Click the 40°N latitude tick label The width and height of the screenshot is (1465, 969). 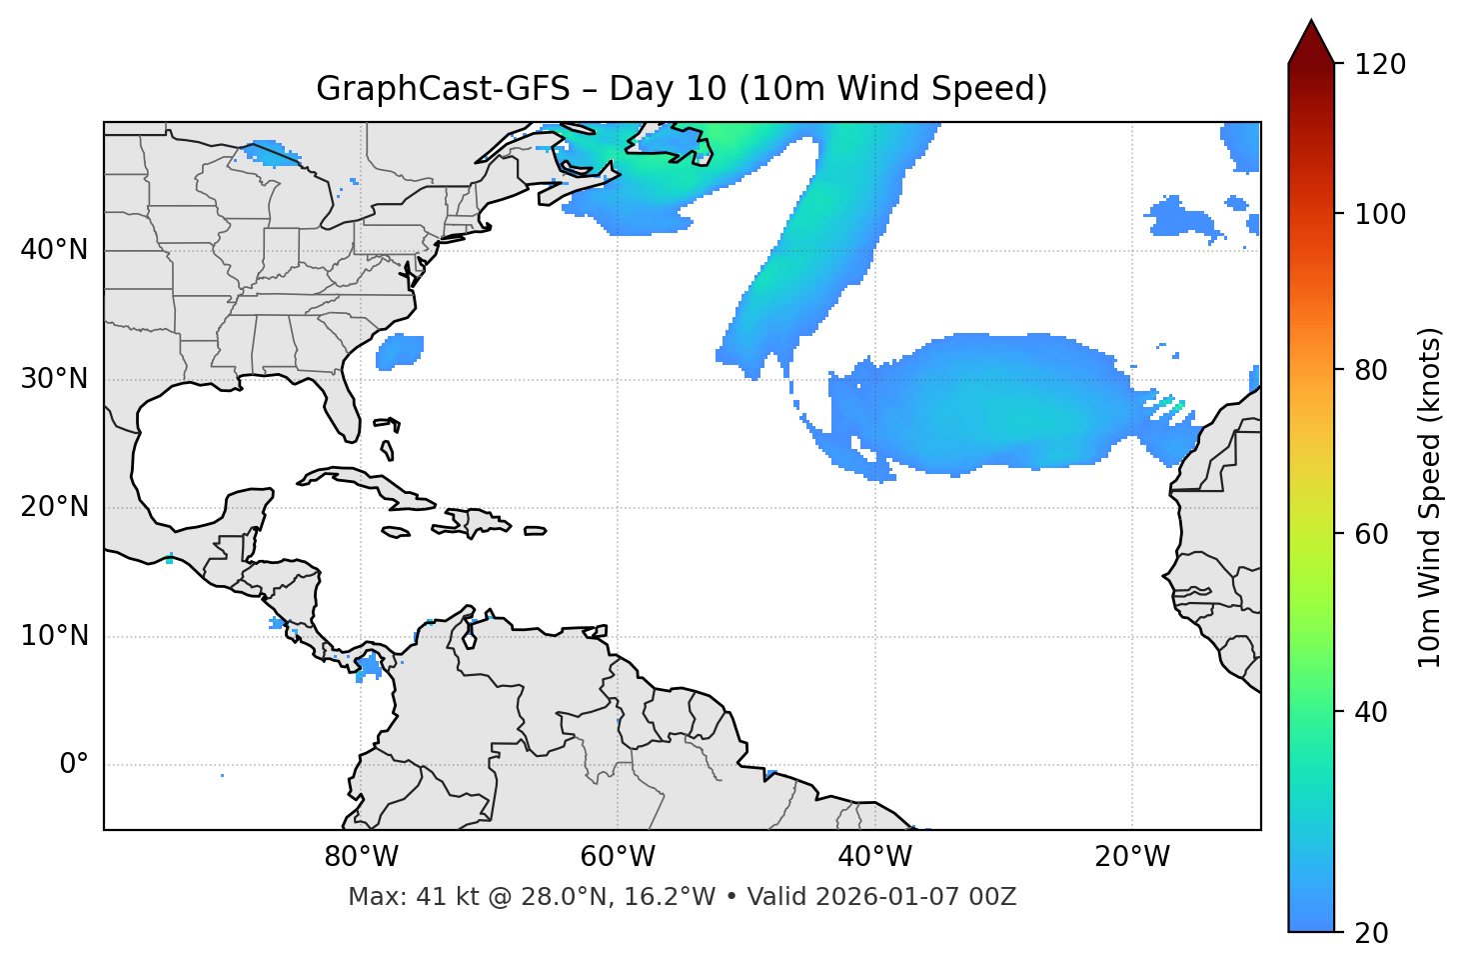(x=54, y=250)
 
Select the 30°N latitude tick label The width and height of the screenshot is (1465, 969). (x=54, y=379)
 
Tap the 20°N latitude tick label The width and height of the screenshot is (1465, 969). (x=54, y=507)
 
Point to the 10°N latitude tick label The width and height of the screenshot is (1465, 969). (x=54, y=636)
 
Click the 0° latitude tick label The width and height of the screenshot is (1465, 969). (x=74, y=765)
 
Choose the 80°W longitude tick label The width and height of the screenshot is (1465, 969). (x=361, y=857)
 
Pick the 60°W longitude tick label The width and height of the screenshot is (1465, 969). (x=618, y=857)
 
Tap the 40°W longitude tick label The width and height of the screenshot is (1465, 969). (x=874, y=857)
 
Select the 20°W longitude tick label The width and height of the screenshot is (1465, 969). (x=1131, y=857)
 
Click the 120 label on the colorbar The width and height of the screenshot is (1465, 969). (x=1379, y=65)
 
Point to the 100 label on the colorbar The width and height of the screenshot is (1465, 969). (x=1379, y=214)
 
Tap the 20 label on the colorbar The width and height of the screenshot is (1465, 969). (x=1372, y=933)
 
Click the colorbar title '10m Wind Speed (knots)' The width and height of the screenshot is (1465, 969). (x=1430, y=498)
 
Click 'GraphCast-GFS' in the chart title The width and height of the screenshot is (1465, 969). (x=443, y=89)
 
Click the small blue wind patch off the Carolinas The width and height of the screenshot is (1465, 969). (x=400, y=350)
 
